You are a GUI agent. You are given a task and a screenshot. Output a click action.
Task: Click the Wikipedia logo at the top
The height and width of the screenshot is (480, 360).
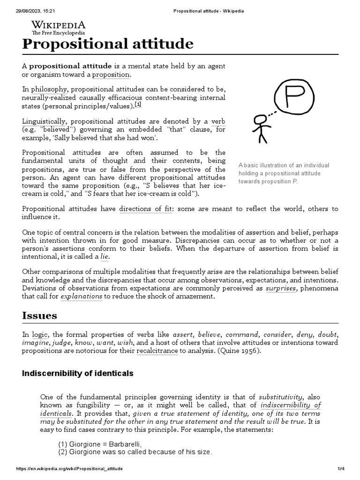point(59,28)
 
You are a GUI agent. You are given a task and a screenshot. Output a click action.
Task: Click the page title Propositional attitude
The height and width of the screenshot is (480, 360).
point(107,44)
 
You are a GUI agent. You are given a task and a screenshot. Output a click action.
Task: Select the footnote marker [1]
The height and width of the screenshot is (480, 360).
point(138,104)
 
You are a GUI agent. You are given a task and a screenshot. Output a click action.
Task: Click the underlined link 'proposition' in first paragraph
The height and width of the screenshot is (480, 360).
point(111,75)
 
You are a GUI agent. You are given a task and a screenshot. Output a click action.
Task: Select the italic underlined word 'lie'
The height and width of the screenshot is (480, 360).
point(105,257)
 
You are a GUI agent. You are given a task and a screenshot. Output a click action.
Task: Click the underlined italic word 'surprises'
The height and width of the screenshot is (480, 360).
point(281,288)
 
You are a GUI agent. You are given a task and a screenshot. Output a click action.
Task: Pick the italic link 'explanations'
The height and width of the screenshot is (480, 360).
point(81,297)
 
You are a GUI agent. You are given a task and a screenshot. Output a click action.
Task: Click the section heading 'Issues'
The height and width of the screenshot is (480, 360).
point(40,315)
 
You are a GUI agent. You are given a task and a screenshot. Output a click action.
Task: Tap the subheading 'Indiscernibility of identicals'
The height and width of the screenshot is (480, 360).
point(78,374)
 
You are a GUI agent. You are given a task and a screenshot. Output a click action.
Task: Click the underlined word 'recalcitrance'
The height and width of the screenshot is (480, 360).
point(157,351)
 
